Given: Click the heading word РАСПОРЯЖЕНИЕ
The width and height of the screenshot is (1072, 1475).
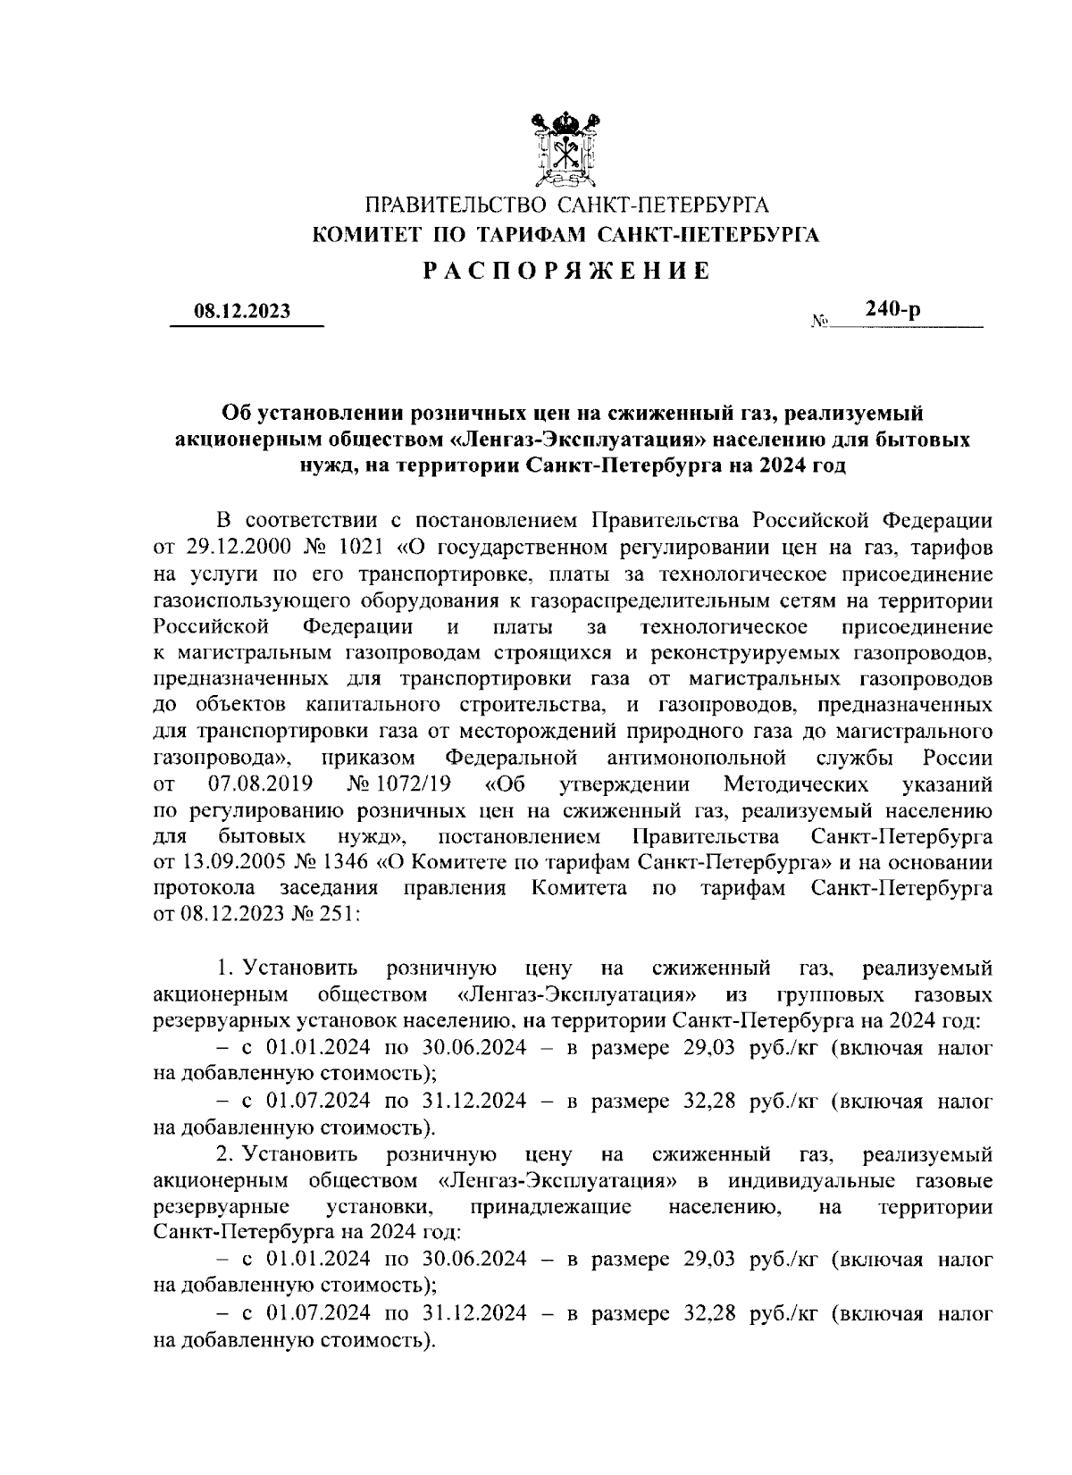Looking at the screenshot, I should (x=566, y=271).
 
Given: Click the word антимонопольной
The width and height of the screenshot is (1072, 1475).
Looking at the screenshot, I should (x=696, y=758).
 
